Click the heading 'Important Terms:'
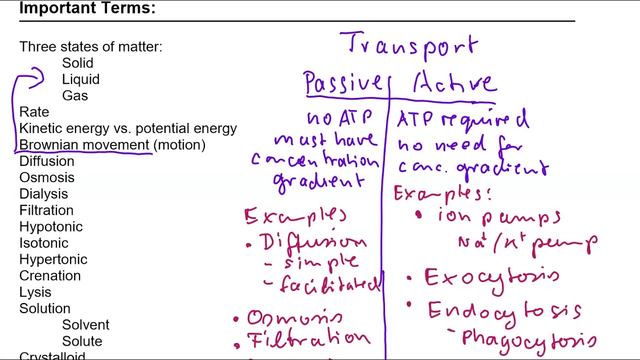point(87,8)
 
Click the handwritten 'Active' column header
point(455,83)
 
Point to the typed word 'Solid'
point(77,63)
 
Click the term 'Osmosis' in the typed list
point(46,177)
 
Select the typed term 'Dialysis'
point(43,194)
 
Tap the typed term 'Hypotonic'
point(51,226)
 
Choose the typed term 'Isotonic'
point(44,243)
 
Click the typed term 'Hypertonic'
point(53,259)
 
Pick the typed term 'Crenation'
point(50,276)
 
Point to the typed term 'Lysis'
point(35,292)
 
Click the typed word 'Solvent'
point(85,325)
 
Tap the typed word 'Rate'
point(34,112)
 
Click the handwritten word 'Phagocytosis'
point(529,338)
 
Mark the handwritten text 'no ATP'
point(340,118)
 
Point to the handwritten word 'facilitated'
point(330,285)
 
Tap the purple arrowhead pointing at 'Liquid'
point(40,78)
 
